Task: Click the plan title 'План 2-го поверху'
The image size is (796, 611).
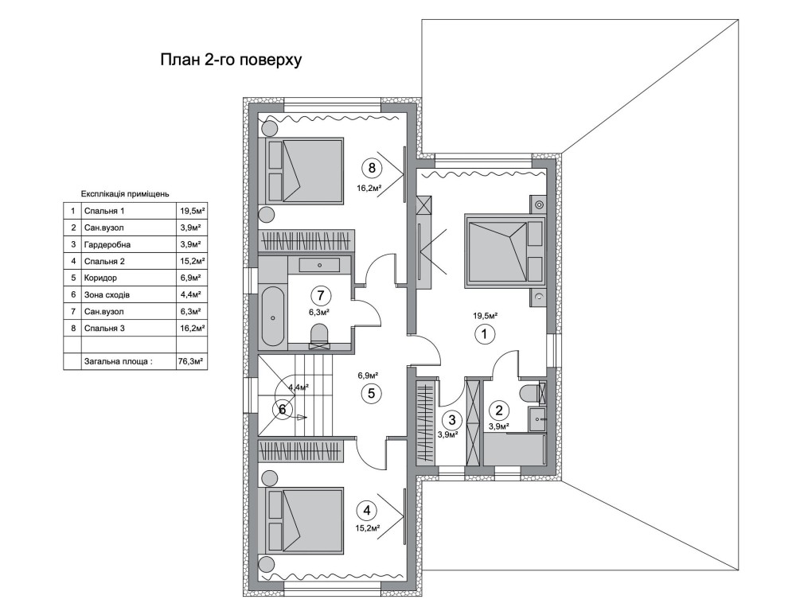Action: coord(231,60)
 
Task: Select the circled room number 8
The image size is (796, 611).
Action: coord(372,167)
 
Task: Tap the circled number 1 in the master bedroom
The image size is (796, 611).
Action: coord(484,334)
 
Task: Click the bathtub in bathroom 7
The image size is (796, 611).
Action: coord(272,317)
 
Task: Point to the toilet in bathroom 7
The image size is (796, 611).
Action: coord(319,337)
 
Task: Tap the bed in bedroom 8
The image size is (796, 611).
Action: coord(301,171)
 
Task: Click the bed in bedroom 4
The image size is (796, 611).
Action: coord(301,520)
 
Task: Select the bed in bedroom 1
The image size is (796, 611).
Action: coord(505,249)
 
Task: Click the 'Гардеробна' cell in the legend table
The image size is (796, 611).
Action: coord(107,244)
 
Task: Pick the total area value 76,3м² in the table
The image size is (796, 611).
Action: coord(191,362)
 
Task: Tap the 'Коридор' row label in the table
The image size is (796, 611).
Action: coord(100,278)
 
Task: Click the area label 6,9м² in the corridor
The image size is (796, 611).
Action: coord(368,376)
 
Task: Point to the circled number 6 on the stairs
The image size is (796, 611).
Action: coord(283,409)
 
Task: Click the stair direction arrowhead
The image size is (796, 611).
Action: coord(302,418)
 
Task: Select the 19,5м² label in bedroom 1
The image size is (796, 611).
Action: coord(486,316)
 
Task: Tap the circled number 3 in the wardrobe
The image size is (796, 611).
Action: coord(452,420)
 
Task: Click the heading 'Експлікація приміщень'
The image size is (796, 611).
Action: coord(125,194)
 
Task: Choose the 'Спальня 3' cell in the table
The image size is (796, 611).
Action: coord(104,329)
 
